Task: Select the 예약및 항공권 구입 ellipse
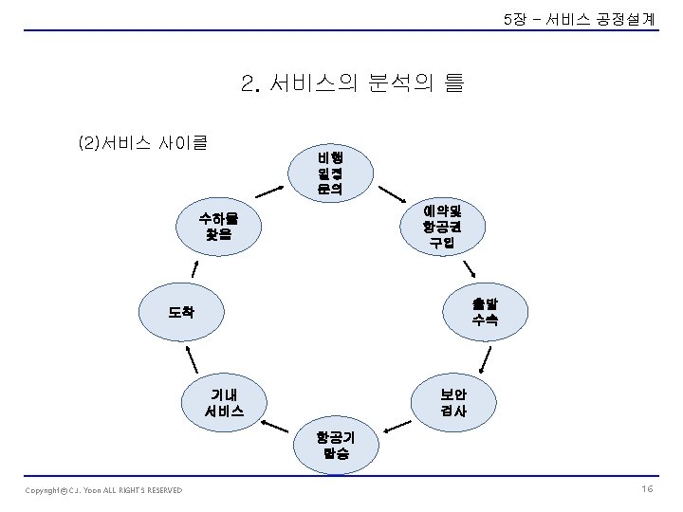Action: click(x=442, y=226)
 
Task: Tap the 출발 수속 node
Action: click(x=485, y=312)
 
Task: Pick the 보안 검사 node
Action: click(x=452, y=402)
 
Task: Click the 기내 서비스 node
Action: click(x=225, y=402)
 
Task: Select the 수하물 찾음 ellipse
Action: click(x=217, y=226)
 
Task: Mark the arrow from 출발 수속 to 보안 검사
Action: click(x=488, y=359)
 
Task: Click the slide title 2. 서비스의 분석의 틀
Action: click(x=353, y=84)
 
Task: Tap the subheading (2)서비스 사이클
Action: click(x=142, y=145)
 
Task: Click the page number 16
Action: click(x=647, y=487)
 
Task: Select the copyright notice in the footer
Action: click(x=104, y=489)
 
